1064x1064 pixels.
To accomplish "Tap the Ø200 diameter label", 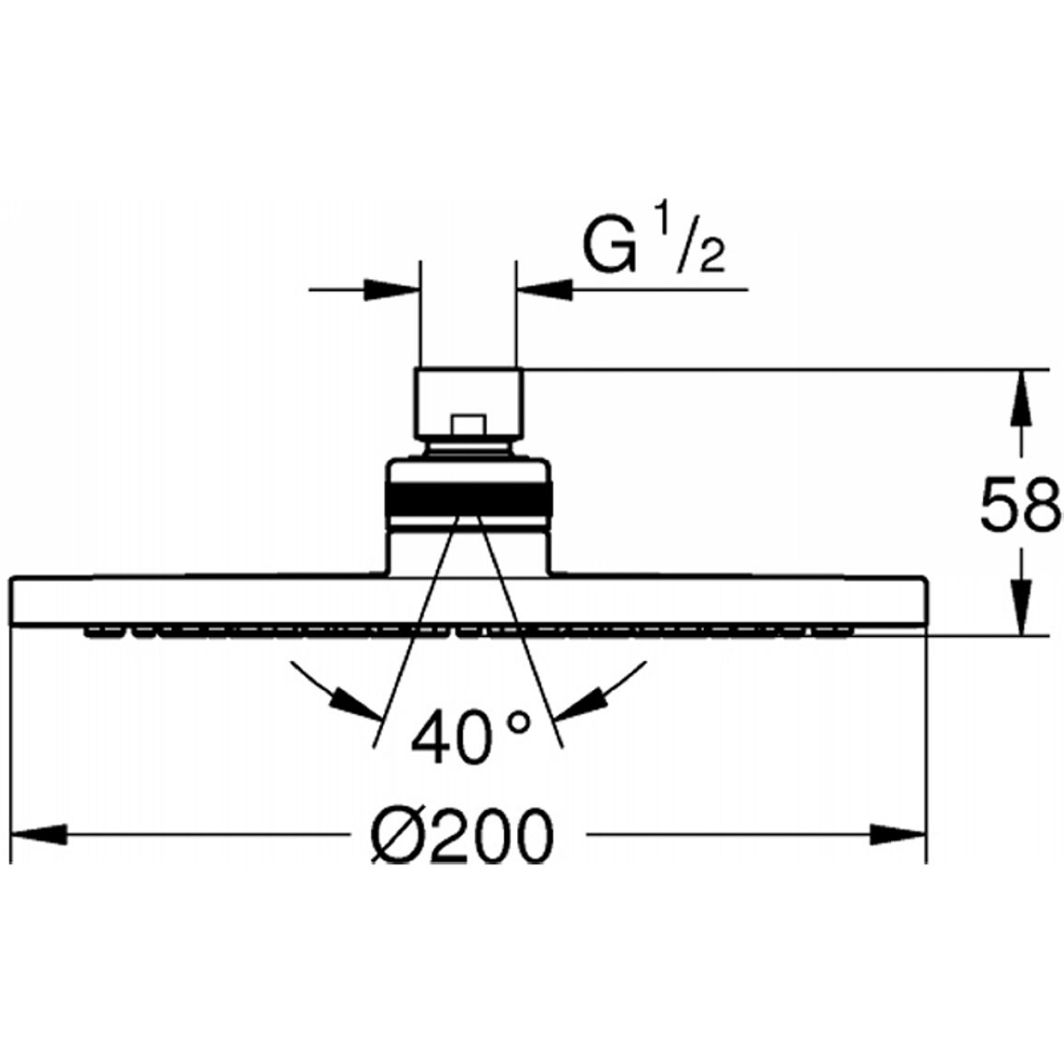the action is tap(461, 835).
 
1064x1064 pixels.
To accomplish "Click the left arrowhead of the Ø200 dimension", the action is tap(40, 834).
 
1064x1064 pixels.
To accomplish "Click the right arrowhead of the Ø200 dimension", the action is tap(898, 834).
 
